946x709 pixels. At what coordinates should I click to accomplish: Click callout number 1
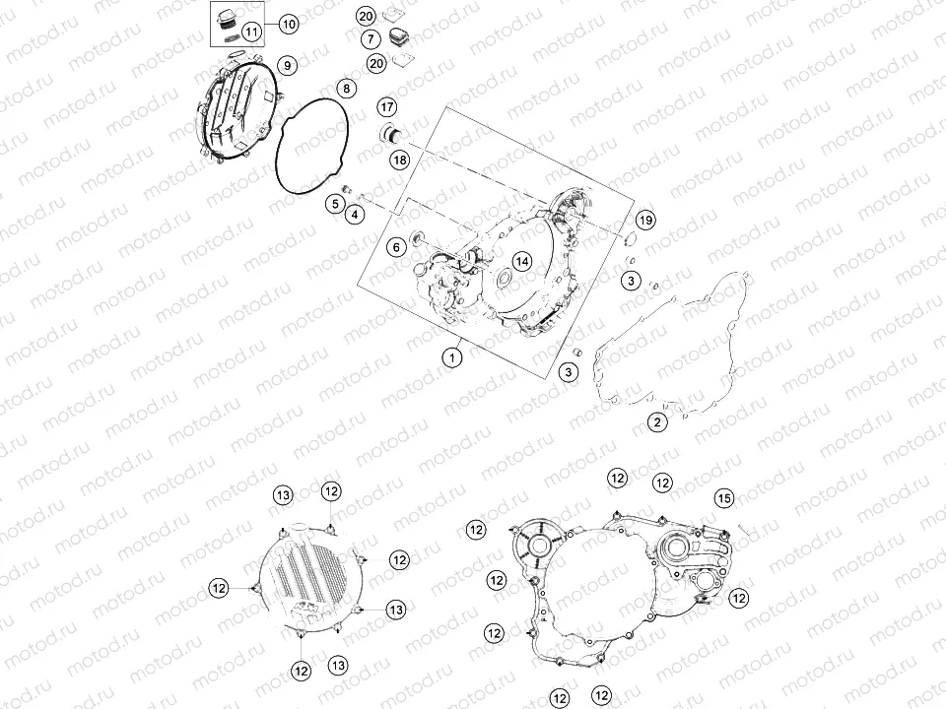452,357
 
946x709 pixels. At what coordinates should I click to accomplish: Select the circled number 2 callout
657,422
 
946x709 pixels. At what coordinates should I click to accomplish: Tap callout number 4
355,214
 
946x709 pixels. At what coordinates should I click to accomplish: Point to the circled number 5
335,204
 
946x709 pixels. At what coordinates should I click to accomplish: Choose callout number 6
396,247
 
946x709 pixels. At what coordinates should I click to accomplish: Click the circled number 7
372,39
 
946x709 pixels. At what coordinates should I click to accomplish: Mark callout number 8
346,89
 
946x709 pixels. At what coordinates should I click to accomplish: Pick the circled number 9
287,65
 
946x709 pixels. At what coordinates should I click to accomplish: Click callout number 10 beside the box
289,24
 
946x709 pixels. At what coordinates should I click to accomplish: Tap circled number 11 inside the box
251,32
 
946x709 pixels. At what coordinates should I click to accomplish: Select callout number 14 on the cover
522,261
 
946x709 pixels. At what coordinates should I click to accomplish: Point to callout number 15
724,498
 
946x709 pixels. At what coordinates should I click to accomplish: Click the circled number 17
387,107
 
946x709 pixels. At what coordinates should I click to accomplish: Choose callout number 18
399,160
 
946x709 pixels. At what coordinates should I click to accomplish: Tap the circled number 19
645,220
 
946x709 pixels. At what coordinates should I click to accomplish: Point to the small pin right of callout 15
744,529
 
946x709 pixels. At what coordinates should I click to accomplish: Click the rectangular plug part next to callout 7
397,36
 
